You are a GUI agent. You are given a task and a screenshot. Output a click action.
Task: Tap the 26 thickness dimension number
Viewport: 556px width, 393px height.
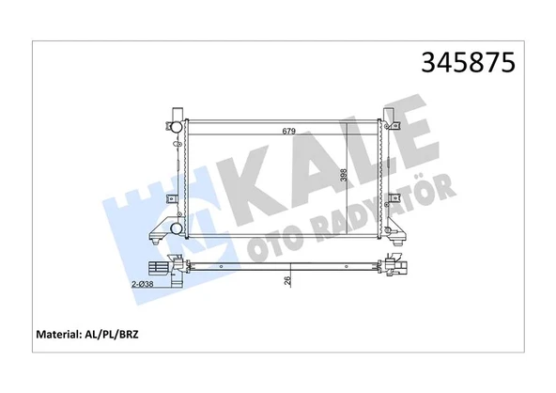pyautogui.click(x=288, y=279)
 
